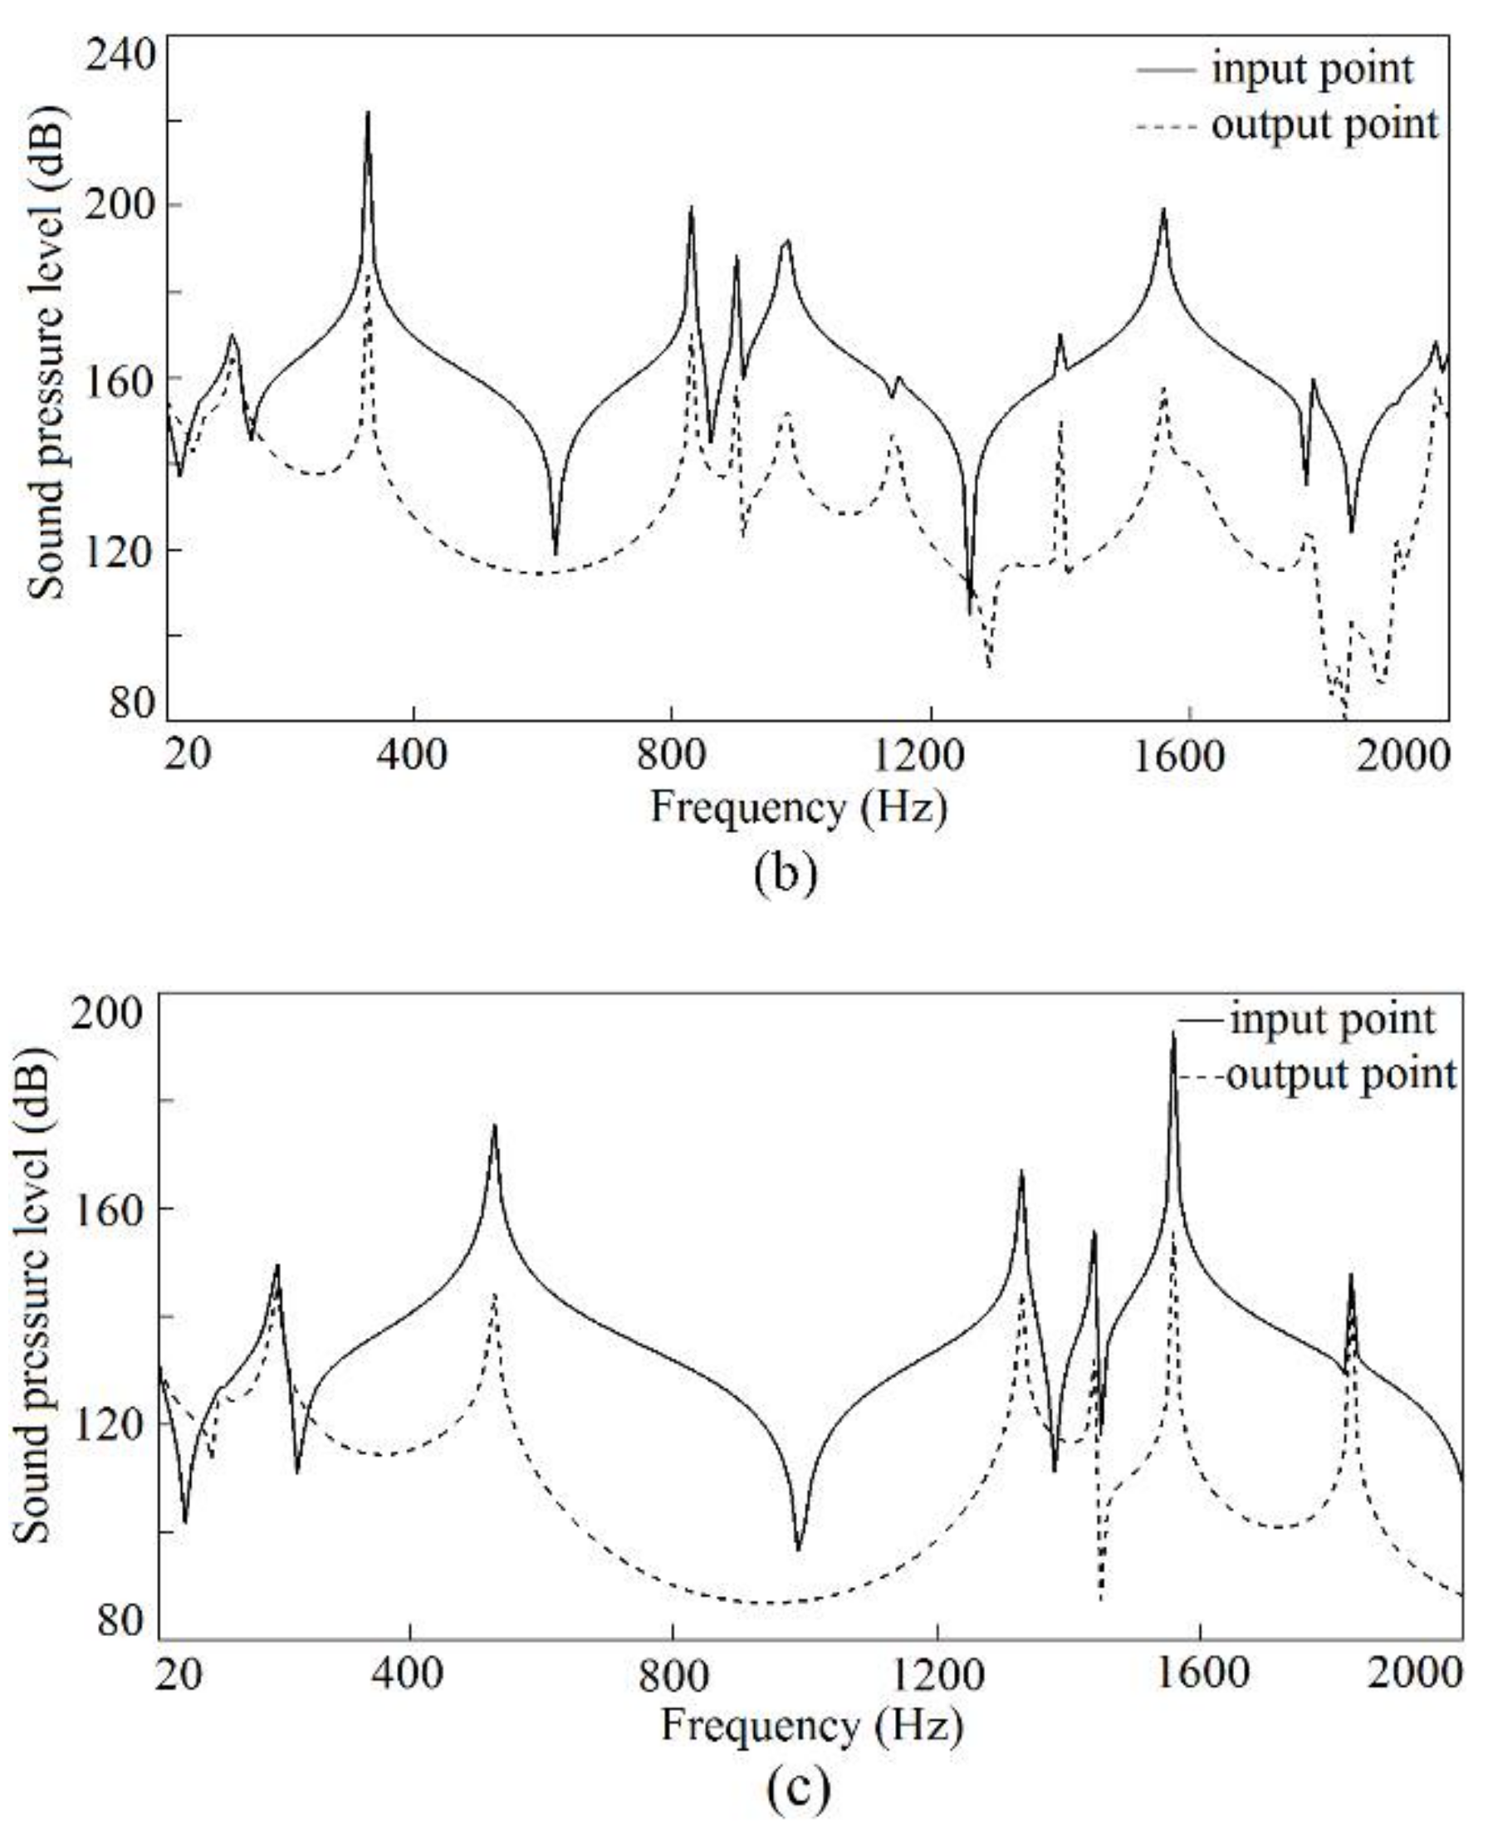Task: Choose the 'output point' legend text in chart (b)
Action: (x=1324, y=125)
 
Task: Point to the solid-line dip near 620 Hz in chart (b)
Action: (x=556, y=553)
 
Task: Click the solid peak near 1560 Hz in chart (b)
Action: (x=1163, y=210)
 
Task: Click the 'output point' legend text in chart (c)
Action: (x=1341, y=1073)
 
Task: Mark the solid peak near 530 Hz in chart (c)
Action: (x=495, y=1125)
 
